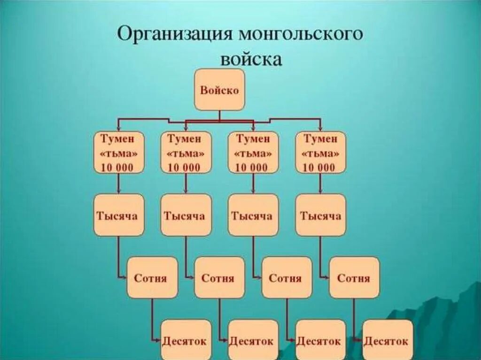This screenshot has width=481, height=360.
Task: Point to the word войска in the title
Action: (x=251, y=60)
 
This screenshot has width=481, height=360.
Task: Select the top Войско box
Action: (x=219, y=90)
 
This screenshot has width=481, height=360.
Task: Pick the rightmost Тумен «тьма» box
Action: (x=320, y=153)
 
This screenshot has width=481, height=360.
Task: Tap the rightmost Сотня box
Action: (x=354, y=277)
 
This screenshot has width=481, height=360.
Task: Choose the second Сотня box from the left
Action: (x=219, y=277)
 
